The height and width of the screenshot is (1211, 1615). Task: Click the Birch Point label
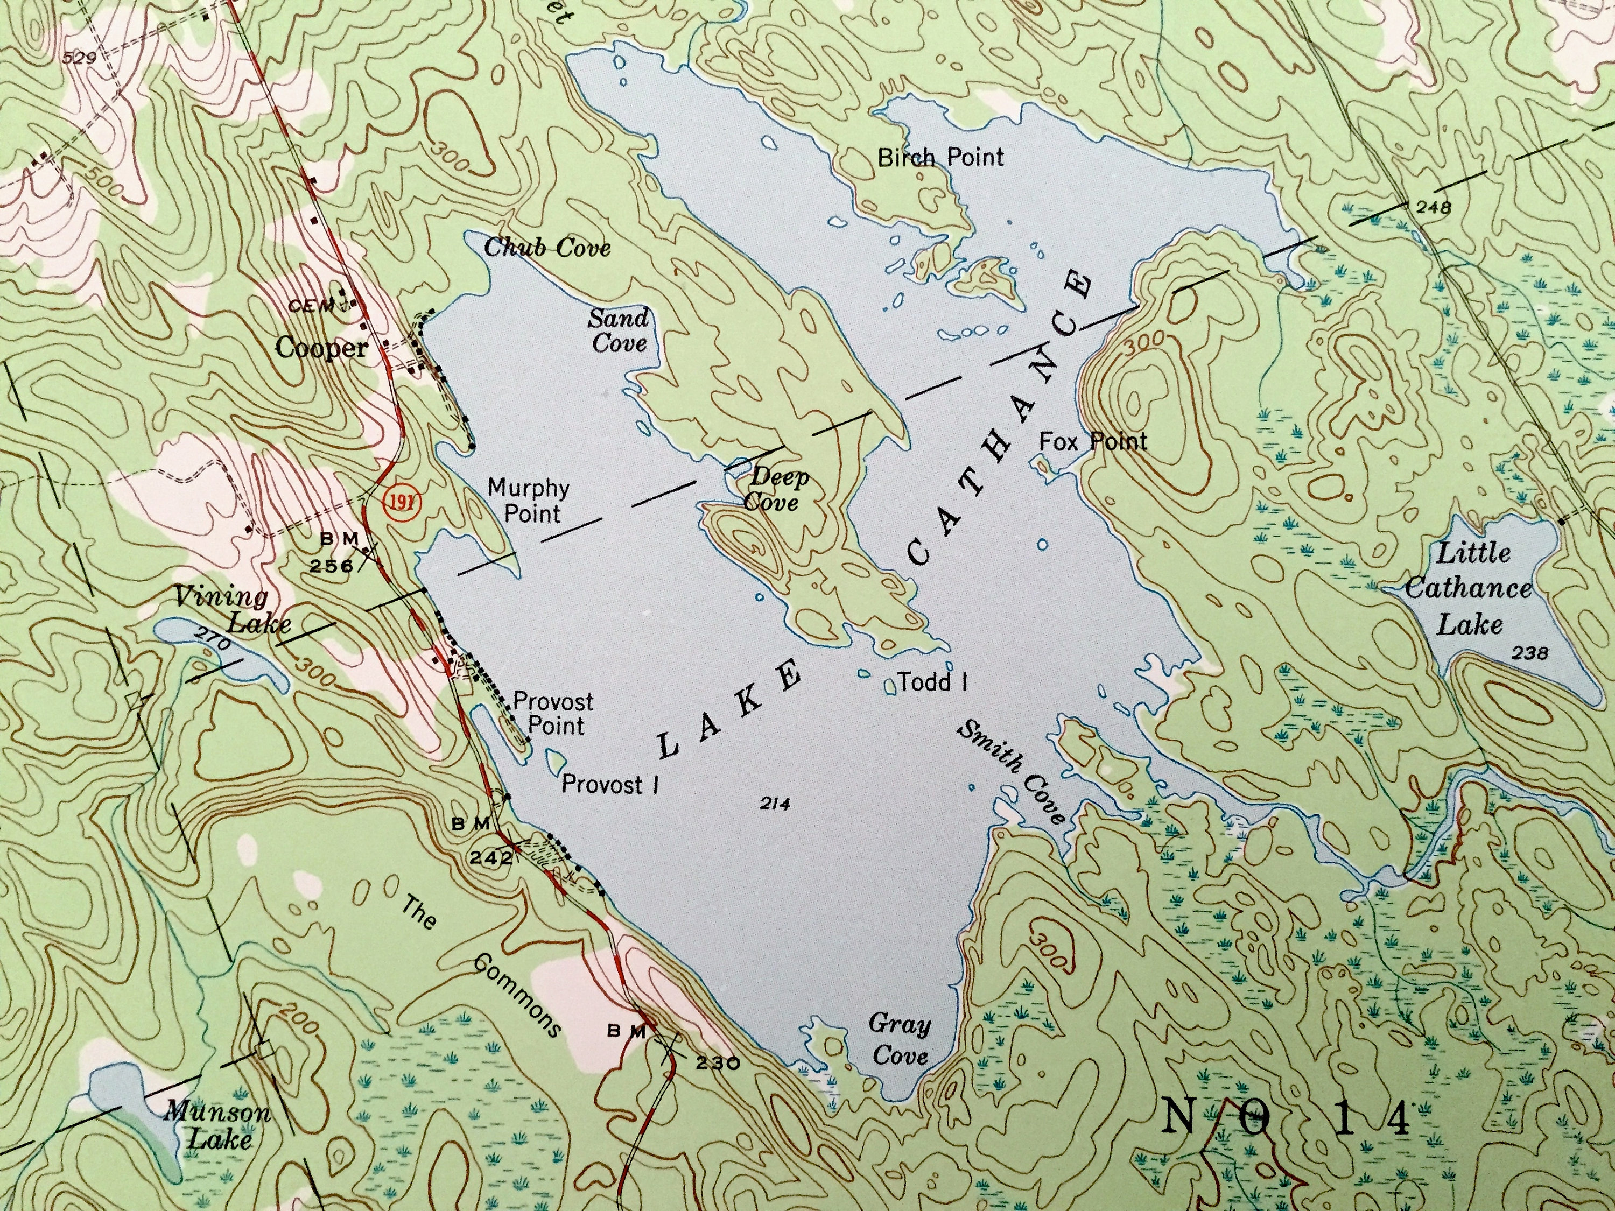(940, 157)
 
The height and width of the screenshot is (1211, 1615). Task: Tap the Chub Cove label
(547, 248)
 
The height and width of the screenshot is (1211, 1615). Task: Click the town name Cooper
(321, 348)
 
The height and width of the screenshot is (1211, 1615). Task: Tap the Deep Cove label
(777, 490)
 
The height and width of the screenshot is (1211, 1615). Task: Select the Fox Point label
(1092, 441)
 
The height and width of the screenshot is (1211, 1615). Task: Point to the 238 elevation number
(1529, 653)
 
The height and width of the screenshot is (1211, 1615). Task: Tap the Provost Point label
(553, 713)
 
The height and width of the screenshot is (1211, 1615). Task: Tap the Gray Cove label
(900, 1039)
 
